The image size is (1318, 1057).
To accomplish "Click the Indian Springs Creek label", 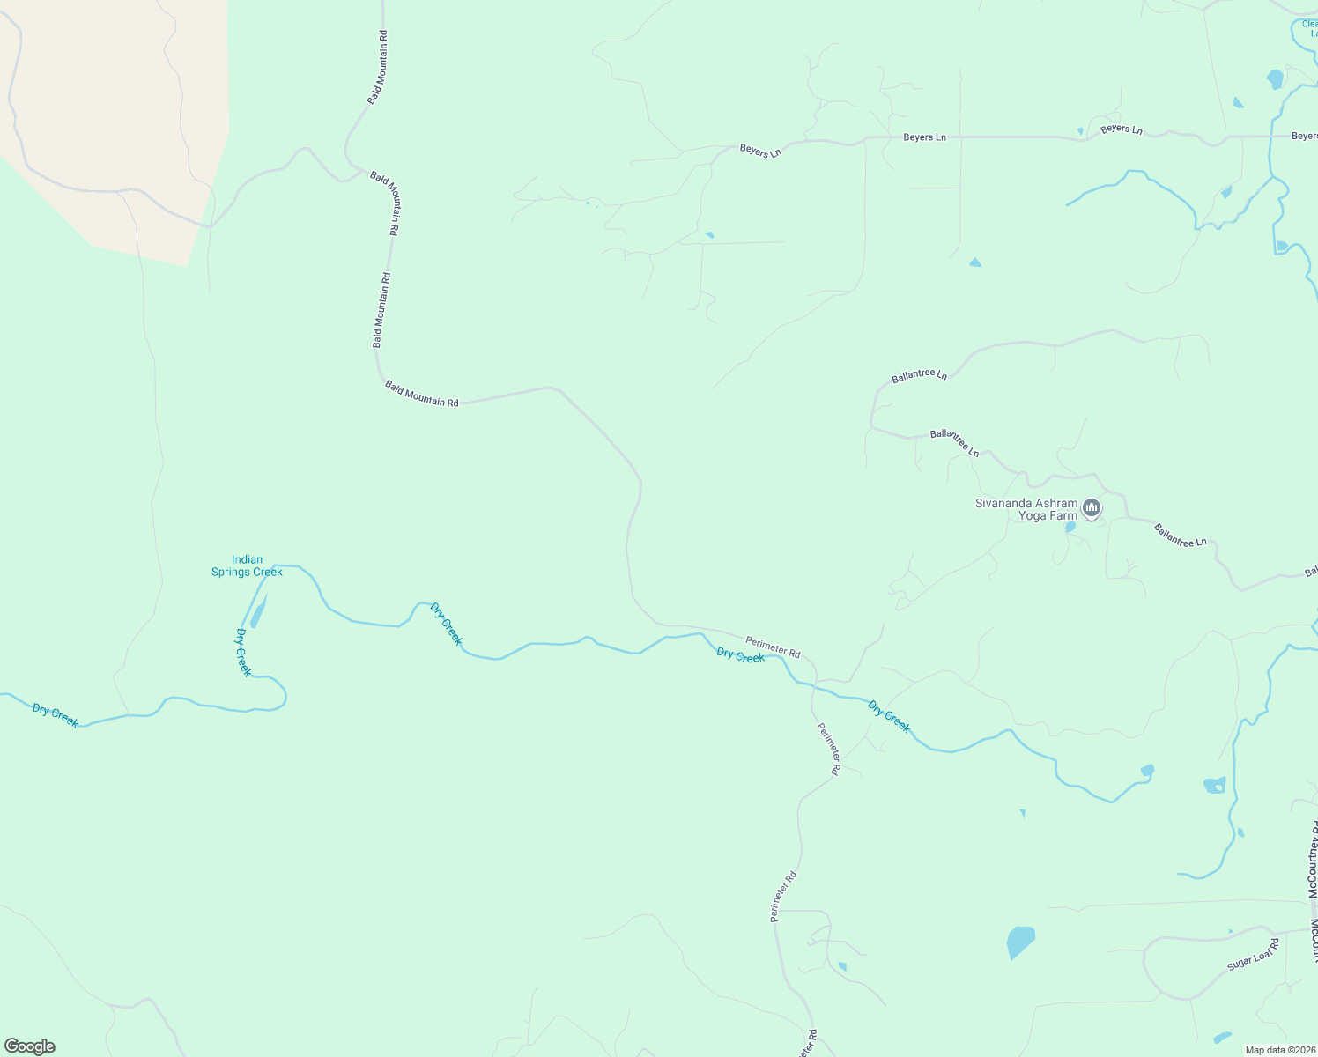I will (247, 565).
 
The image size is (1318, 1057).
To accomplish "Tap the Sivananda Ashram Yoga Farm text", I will (1026, 509).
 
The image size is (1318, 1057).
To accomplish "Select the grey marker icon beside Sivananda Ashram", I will (1092, 507).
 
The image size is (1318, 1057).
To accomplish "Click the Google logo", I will (30, 1046).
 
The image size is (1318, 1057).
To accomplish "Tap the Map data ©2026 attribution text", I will (1278, 1050).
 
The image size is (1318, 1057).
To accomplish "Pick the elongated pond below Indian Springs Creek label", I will (258, 610).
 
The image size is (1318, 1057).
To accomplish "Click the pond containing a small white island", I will (1214, 785).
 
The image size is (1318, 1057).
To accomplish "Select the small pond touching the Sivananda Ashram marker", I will (1070, 527).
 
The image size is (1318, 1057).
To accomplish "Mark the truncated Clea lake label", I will (1310, 28).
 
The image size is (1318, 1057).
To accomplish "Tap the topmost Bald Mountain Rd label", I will (377, 68).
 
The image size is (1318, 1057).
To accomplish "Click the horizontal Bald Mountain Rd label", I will (421, 393).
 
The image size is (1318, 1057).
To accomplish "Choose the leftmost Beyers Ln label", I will (760, 151).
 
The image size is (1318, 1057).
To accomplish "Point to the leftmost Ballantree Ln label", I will (919, 375).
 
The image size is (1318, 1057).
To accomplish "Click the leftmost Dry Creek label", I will (55, 714).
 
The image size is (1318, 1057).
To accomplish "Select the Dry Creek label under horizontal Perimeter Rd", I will (740, 655).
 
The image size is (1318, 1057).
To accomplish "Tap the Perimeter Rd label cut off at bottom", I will (808, 1044).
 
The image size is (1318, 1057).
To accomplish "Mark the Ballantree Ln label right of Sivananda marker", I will (1180, 536).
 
